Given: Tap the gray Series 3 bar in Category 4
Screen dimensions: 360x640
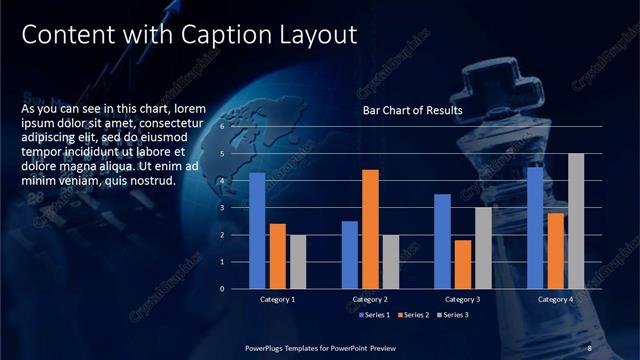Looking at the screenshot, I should point(576,221).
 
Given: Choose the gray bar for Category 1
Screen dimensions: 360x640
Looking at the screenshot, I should point(298,262).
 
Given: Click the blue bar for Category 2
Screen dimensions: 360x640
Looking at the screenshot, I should point(349,255).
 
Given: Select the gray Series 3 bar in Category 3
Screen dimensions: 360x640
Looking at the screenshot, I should point(483,248).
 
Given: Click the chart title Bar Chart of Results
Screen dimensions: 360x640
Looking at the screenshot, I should point(412,111).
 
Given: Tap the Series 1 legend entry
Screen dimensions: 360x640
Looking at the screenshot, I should point(374,316).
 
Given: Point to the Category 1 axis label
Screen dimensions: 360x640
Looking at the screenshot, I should point(277,299).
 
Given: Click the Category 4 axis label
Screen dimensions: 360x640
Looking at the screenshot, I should point(555,299).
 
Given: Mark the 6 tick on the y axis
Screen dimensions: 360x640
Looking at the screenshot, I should point(224,128).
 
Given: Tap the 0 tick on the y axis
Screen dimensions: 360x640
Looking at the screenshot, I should point(224,289).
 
